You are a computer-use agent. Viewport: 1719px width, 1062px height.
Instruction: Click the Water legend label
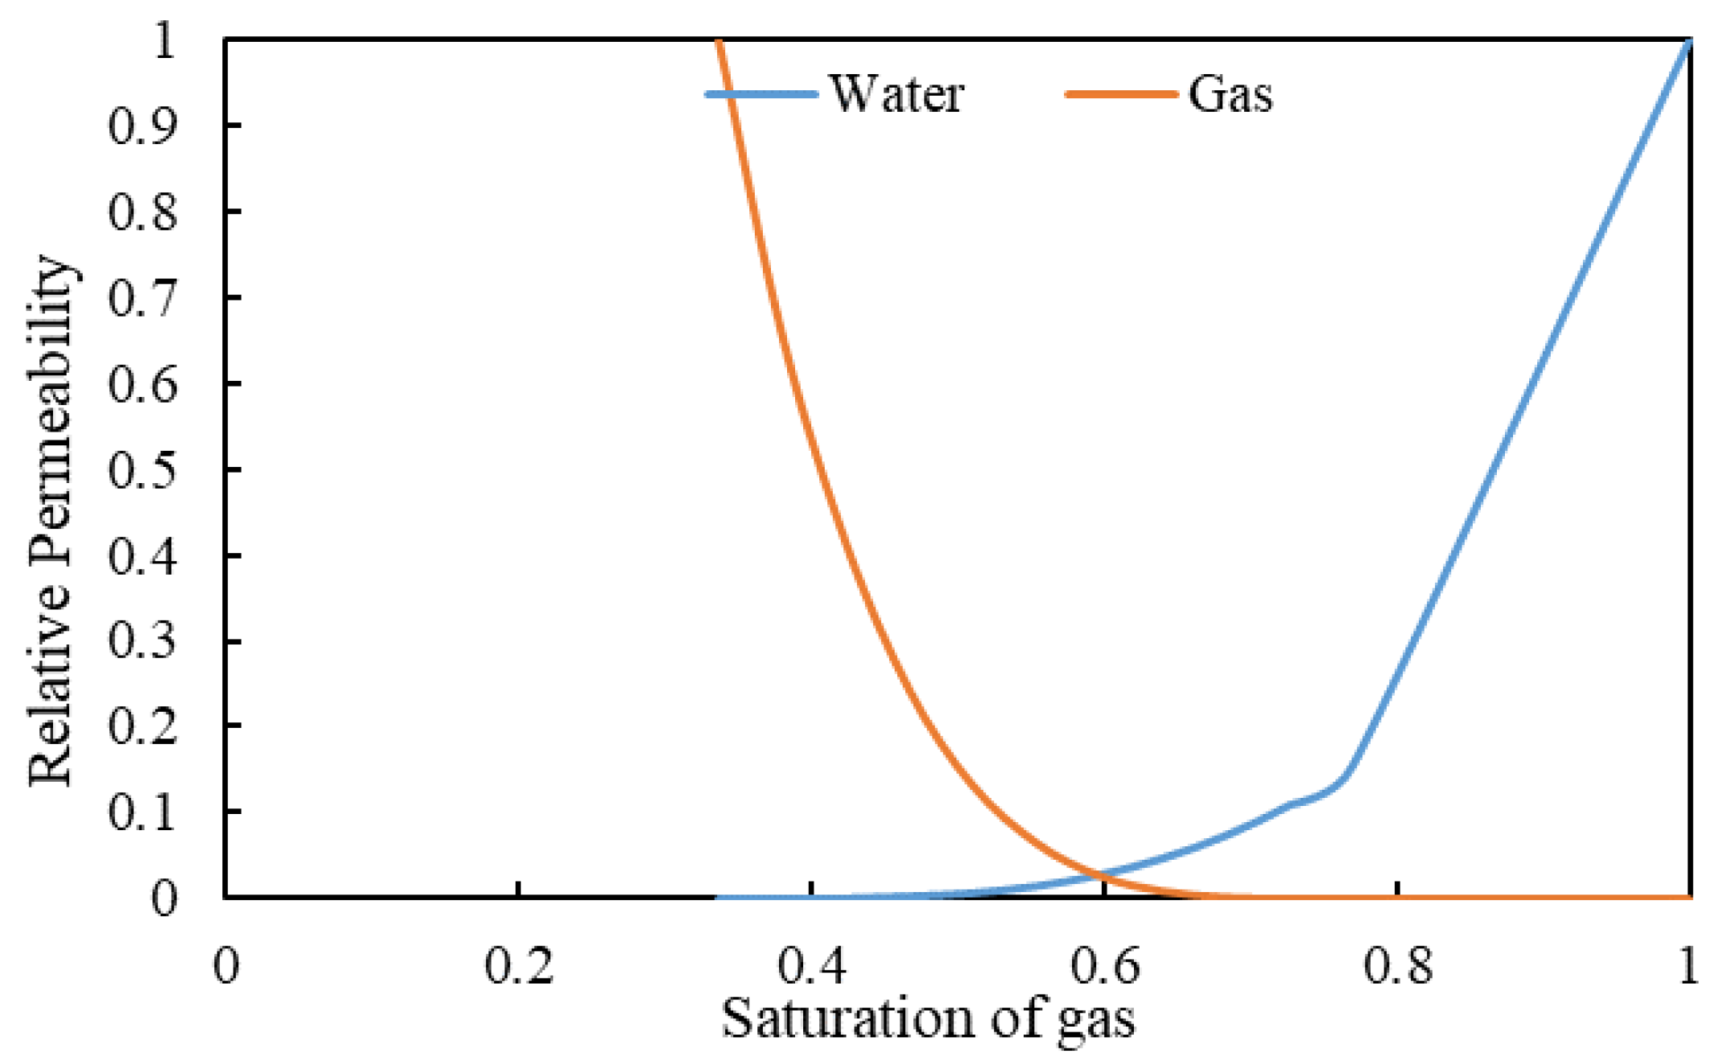[897, 94]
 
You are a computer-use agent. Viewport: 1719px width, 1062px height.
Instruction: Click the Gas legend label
[1230, 94]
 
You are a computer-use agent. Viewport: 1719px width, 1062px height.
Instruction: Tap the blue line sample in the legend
[761, 94]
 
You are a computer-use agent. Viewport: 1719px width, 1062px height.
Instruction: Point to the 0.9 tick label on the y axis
[142, 126]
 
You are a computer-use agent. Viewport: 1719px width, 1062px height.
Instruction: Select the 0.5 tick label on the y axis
[142, 469]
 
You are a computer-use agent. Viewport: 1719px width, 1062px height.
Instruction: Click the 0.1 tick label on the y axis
[142, 812]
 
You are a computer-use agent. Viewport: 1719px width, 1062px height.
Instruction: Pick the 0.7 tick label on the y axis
[142, 298]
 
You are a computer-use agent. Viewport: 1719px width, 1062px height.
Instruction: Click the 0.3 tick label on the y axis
[142, 641]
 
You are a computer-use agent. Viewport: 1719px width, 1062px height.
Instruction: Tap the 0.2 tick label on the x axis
[518, 966]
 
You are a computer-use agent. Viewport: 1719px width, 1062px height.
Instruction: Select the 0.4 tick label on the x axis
[811, 966]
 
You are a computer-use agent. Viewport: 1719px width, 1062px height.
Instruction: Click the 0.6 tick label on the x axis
[1104, 966]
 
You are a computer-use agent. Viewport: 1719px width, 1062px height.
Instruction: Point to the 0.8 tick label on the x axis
[1398, 966]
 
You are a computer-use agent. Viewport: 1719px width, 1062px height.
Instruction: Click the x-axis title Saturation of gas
[927, 1019]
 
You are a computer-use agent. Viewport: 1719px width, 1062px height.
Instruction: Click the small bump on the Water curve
[1296, 803]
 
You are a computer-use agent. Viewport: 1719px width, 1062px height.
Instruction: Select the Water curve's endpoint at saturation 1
[1688, 42]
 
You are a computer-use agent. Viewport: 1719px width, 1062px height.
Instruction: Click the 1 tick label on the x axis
[1688, 966]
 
